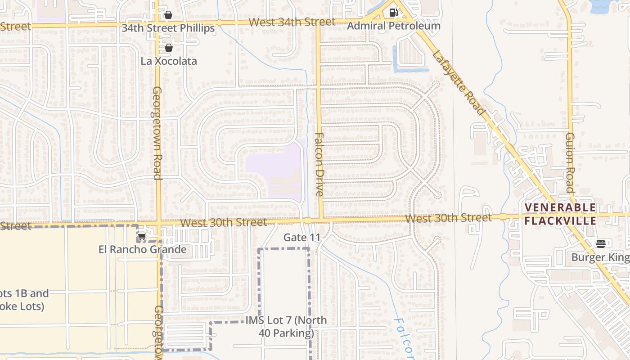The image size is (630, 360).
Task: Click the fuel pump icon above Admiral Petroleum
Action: (x=394, y=13)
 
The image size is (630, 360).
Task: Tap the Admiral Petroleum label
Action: (x=393, y=26)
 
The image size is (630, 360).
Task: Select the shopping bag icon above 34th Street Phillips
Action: (x=168, y=15)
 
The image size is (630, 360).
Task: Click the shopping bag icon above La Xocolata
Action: (x=169, y=48)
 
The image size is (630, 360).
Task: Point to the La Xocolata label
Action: (x=169, y=61)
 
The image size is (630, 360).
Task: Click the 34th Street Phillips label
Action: (x=168, y=28)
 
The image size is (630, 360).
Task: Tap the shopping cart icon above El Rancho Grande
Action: (x=142, y=237)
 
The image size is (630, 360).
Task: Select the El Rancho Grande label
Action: (x=142, y=249)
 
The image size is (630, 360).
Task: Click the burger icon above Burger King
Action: (x=600, y=244)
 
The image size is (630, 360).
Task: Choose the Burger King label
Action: (x=600, y=257)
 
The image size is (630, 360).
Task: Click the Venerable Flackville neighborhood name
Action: (x=560, y=214)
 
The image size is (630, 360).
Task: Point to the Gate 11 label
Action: (x=301, y=237)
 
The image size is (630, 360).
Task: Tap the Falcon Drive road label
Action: (x=319, y=164)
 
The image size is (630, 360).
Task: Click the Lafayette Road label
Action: (x=459, y=83)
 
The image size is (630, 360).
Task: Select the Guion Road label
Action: (x=570, y=162)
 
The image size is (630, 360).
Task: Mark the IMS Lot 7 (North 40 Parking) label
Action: (x=286, y=327)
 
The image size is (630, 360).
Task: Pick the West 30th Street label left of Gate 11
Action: (x=223, y=223)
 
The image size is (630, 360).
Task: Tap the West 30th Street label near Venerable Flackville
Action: (x=448, y=218)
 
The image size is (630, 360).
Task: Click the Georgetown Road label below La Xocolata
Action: (x=157, y=133)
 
